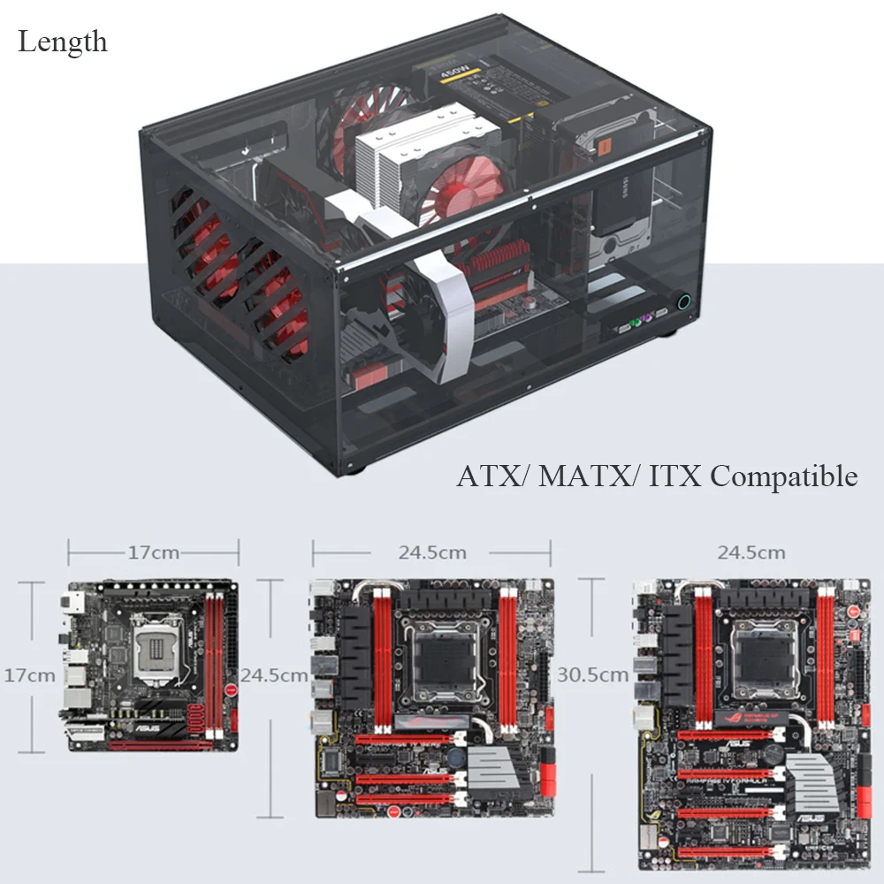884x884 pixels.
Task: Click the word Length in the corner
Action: (x=63, y=42)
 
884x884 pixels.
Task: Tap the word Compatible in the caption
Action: (x=783, y=476)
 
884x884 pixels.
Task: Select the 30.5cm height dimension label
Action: (x=592, y=674)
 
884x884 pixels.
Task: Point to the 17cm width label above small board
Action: (x=153, y=552)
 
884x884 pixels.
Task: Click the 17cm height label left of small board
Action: (x=30, y=674)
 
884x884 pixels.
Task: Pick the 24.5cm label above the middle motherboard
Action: (x=431, y=552)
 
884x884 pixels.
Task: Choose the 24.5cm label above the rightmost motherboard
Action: (x=751, y=552)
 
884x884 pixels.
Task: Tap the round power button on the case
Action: (x=683, y=302)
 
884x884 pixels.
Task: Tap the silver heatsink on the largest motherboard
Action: (x=811, y=782)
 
